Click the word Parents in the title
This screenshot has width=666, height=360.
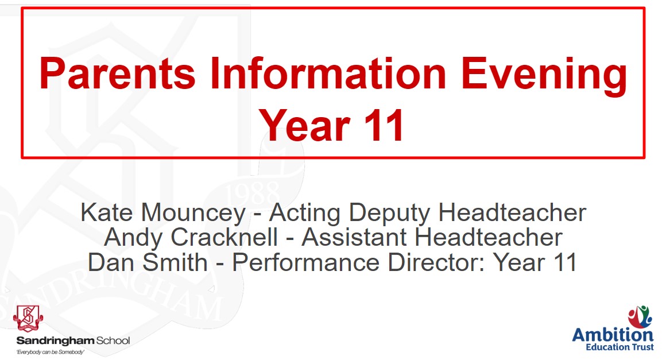(117, 73)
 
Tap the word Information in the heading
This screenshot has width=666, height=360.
(328, 73)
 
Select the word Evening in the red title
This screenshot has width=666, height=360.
(544, 76)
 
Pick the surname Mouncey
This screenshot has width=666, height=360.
(193, 214)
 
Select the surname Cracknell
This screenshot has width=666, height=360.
(224, 237)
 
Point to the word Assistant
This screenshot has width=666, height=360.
(354, 237)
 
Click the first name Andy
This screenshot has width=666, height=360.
(133, 239)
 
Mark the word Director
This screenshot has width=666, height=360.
(436, 262)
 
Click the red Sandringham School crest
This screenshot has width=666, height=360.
(28, 319)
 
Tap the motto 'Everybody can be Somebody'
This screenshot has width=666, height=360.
(50, 353)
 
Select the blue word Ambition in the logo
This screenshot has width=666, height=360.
(613, 335)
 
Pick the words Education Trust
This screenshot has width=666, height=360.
(619, 347)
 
